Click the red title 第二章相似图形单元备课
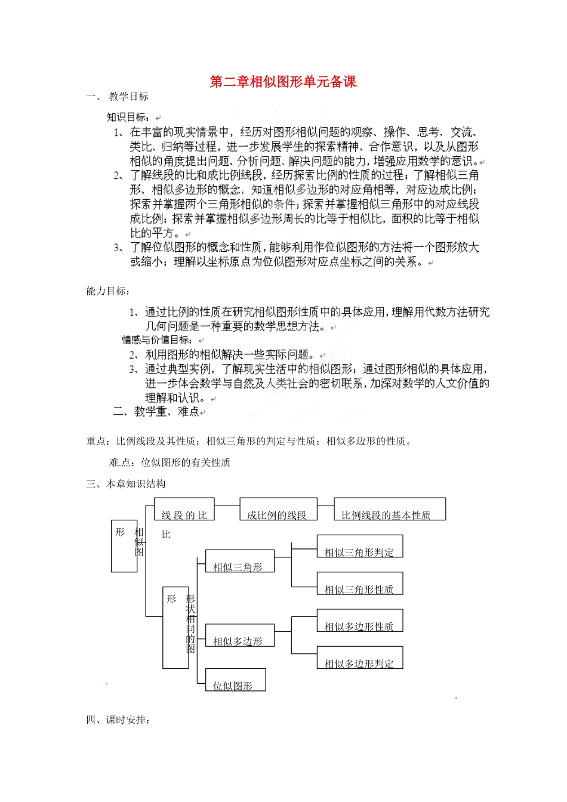pyautogui.click(x=283, y=82)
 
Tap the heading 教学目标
pyautogui.click(x=128, y=97)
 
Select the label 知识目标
pyautogui.click(x=127, y=117)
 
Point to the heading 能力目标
pyautogui.click(x=107, y=291)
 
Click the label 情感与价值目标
pyautogui.click(x=157, y=340)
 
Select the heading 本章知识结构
pyautogui.click(x=135, y=484)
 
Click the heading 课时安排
pyautogui.click(x=127, y=720)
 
